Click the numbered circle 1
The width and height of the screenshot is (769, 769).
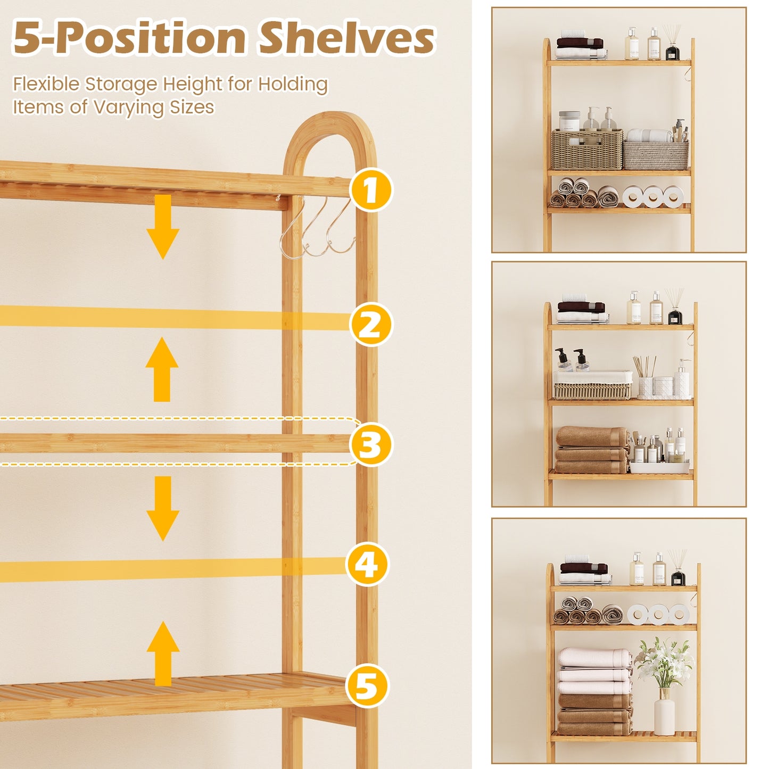(x=371, y=189)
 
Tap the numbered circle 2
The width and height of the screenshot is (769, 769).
(x=371, y=324)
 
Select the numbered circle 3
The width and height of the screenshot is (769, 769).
(x=371, y=444)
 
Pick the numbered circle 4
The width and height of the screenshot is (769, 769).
(x=367, y=564)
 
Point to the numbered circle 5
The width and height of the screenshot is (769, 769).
(x=367, y=685)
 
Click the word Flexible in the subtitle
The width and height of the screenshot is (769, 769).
(x=47, y=84)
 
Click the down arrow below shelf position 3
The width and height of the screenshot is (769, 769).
(x=163, y=508)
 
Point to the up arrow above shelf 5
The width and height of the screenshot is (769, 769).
(x=163, y=654)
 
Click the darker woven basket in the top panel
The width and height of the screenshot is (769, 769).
(x=586, y=150)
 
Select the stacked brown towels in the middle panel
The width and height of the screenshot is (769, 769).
(x=592, y=451)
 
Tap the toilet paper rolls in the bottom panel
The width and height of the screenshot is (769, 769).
(x=658, y=614)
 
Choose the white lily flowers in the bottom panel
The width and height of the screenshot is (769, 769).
(x=664, y=660)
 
